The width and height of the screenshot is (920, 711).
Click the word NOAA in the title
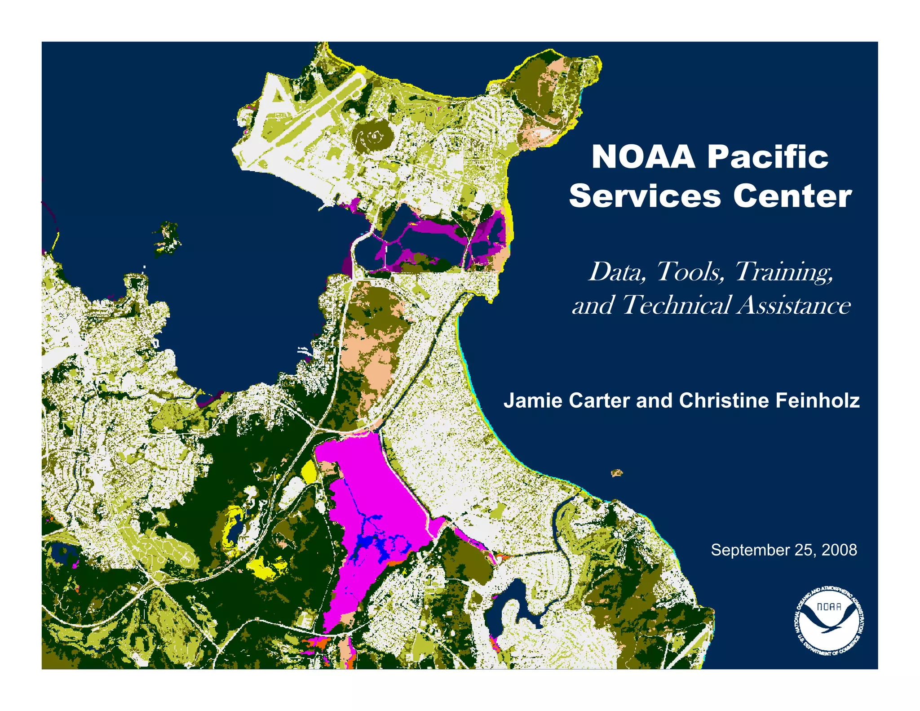tap(643, 157)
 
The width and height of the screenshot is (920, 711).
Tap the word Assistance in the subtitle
tap(794, 305)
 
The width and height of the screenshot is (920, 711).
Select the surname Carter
tap(599, 400)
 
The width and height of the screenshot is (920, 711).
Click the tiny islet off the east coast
tap(617, 472)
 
